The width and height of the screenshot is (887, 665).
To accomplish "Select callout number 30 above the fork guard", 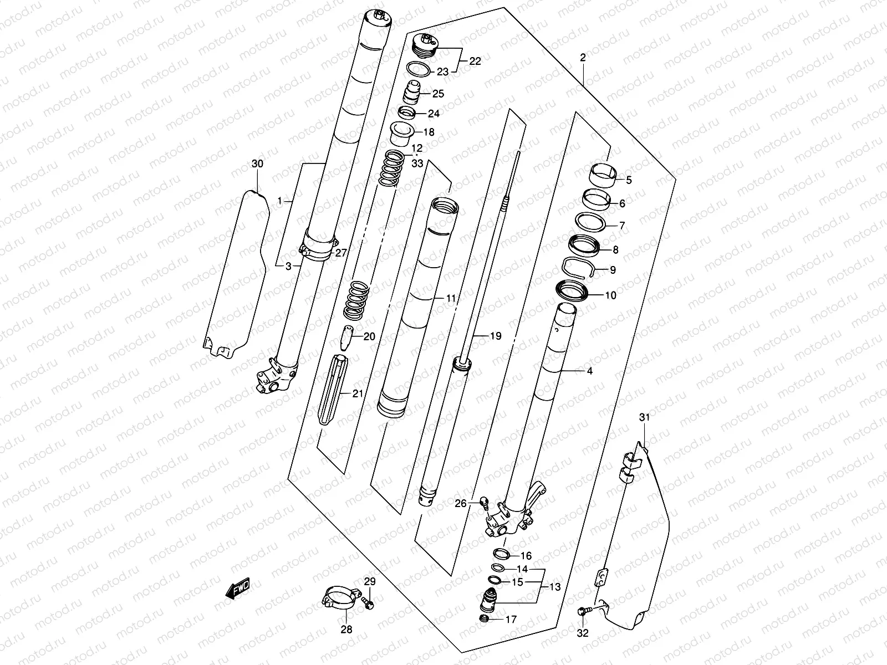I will coord(257,163).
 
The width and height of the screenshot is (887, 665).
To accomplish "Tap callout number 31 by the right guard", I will coord(644,417).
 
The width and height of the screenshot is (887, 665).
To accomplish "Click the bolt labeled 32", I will coord(582,612).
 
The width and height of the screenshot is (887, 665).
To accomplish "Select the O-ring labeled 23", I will coord(419,70).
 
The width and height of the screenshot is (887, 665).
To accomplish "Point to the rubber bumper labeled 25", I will coord(411,92).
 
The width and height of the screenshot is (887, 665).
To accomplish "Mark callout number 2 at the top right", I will coord(583,58).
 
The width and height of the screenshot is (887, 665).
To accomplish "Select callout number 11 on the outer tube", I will coord(451,298).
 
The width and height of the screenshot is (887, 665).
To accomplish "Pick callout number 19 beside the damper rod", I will coord(496,335).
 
